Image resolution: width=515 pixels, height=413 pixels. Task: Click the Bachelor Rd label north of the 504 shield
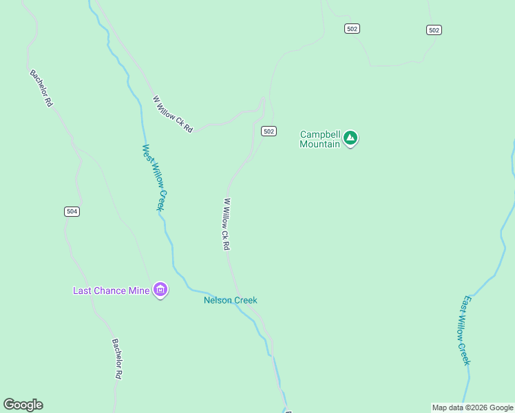(x=41, y=87)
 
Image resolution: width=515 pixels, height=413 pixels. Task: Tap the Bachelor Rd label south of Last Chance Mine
(x=117, y=359)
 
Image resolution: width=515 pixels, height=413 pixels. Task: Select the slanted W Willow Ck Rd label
(x=172, y=114)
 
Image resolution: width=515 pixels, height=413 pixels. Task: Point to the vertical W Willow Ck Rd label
(x=225, y=224)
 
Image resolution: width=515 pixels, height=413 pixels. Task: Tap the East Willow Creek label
(x=466, y=330)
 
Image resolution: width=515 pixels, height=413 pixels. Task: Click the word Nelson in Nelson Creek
(x=218, y=300)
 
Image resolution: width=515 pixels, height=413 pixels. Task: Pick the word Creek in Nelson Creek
(x=244, y=300)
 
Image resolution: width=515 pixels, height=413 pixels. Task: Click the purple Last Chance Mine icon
(x=160, y=290)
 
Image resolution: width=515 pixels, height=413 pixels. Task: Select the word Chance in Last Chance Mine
(x=109, y=290)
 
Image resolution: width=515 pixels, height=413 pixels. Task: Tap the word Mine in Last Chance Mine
(x=139, y=290)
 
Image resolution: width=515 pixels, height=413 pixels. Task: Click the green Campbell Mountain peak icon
(x=350, y=138)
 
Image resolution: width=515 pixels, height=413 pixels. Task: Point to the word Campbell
(x=320, y=134)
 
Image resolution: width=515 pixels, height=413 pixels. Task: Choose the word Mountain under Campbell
(x=320, y=144)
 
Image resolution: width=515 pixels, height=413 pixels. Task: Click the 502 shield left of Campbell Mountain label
(x=269, y=131)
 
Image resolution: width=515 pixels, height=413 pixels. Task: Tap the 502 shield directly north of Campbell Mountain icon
(x=353, y=28)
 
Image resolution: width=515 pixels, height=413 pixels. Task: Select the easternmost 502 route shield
(x=433, y=30)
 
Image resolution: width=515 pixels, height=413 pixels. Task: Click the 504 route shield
(x=72, y=211)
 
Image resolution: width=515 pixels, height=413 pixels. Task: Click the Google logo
(x=23, y=405)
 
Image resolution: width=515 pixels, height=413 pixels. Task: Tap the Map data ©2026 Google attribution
(x=472, y=407)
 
